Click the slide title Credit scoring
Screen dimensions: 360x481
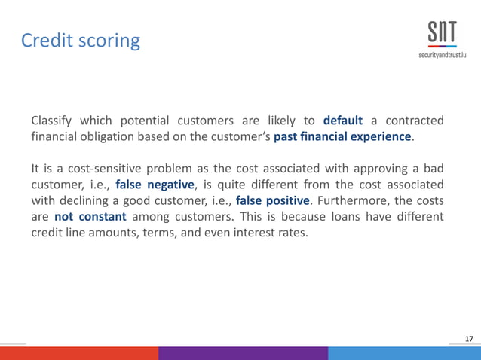80,40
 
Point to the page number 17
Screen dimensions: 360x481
470,339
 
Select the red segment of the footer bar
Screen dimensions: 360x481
78,353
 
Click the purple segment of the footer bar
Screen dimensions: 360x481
243,353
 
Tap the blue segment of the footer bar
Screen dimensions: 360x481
404,353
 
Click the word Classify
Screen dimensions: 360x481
53,121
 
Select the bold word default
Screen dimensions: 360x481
343,121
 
